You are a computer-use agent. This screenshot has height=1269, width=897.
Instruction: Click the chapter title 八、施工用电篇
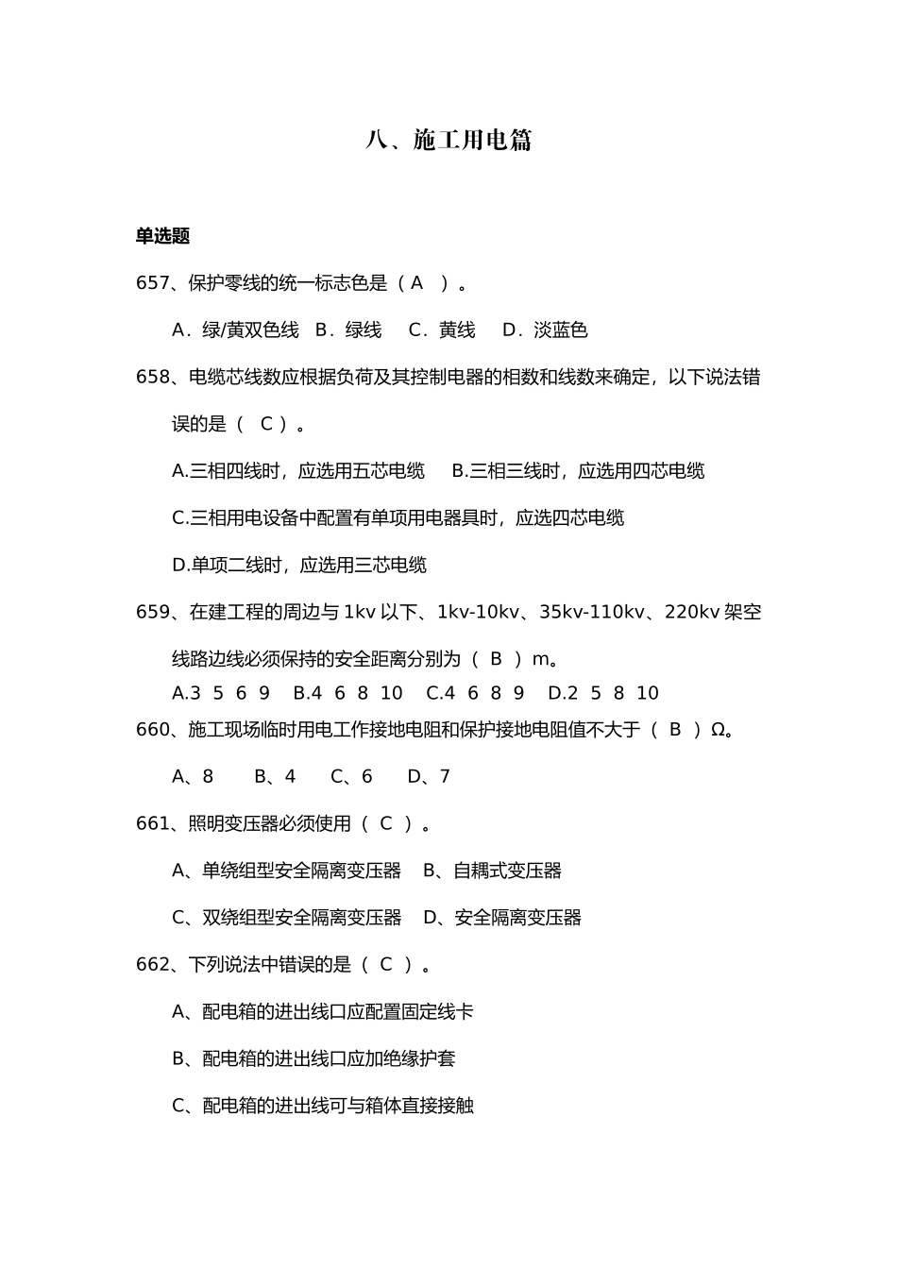pos(448,141)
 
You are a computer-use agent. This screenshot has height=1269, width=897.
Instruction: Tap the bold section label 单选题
pos(162,236)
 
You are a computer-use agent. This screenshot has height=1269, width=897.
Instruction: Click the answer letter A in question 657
pos(416,283)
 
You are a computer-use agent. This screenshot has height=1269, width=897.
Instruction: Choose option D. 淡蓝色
pos(545,330)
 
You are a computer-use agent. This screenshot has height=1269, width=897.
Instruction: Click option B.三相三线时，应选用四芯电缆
pos(578,471)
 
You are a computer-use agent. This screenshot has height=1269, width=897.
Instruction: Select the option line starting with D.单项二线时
pos(299,566)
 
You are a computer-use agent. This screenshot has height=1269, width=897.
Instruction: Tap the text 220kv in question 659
pos(692,612)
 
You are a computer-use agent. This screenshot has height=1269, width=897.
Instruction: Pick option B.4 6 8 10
pos(347,693)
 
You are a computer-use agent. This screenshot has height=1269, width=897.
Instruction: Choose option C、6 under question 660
pos(351,777)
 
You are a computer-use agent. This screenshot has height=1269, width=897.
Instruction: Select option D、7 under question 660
pos(429,777)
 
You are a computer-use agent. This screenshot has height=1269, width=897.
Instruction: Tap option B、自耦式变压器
pos(492,871)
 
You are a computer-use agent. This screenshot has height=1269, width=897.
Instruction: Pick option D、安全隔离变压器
pos(501,918)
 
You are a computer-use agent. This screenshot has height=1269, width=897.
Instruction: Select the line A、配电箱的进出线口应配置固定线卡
pos(322,1012)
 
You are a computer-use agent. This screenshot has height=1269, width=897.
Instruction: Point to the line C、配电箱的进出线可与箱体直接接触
pos(322,1106)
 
